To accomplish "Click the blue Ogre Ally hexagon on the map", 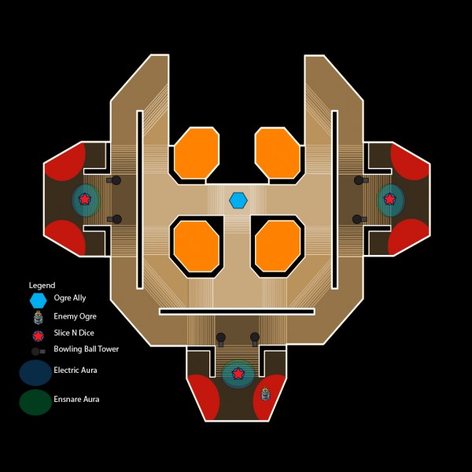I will point(238,201).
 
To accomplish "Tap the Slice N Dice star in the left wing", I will point(85,200).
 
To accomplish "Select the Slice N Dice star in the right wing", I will point(389,199).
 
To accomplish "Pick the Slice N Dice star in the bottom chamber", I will point(238,373).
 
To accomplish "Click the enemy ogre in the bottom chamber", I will point(265,393).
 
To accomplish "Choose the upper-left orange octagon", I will point(196,153).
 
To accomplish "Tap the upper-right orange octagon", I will point(277,153).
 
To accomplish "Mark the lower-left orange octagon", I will point(195,245).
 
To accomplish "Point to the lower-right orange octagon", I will point(278,245).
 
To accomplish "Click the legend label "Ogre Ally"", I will point(70,298).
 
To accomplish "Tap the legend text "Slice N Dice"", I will point(73,334).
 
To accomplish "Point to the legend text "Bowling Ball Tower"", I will point(87,348).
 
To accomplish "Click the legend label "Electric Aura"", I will point(76,369).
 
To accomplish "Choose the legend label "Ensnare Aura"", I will point(76,399).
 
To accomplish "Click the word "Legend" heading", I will point(42,285).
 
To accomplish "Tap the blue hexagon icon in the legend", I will point(38,300).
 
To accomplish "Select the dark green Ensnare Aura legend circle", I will point(35,401).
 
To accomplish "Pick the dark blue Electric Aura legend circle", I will point(35,372).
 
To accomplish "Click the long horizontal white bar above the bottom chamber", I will point(237,312).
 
